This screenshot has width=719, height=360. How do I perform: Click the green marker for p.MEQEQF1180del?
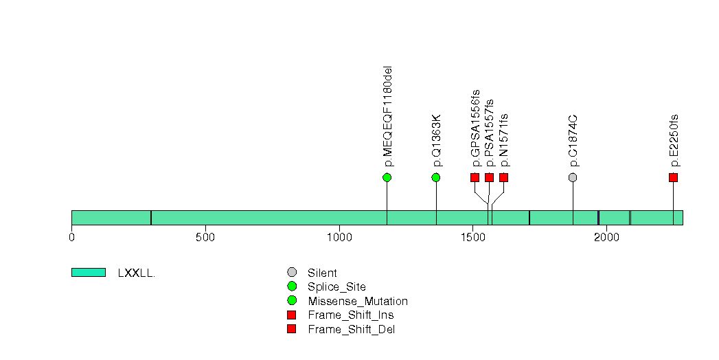(x=387, y=177)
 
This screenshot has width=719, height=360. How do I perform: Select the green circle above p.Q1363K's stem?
(x=436, y=177)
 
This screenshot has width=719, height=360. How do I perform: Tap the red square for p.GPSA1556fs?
(x=475, y=177)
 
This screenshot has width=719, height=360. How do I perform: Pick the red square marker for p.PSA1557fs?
(x=489, y=177)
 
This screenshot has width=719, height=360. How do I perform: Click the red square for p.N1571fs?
(x=504, y=177)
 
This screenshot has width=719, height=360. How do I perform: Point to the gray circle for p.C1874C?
(x=573, y=177)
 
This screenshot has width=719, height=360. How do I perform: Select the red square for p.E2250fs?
(x=673, y=177)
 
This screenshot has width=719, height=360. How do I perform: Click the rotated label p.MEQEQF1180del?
(x=388, y=117)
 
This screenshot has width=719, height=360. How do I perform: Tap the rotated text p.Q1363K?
(x=437, y=141)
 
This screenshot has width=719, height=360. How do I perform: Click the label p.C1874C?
(x=573, y=142)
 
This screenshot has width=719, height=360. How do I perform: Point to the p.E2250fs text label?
(x=674, y=141)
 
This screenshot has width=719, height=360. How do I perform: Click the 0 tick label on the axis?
(x=71, y=237)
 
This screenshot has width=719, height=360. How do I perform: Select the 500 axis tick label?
(x=205, y=237)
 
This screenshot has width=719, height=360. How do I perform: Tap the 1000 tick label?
(x=339, y=237)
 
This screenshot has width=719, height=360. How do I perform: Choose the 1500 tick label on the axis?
(x=472, y=237)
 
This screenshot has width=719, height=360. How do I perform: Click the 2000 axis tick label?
(x=606, y=237)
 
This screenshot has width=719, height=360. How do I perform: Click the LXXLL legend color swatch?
(x=89, y=273)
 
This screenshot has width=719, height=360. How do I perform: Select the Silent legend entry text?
(x=322, y=273)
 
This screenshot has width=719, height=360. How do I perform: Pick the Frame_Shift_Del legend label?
(x=351, y=330)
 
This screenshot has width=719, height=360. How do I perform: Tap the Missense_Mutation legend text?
(x=358, y=302)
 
